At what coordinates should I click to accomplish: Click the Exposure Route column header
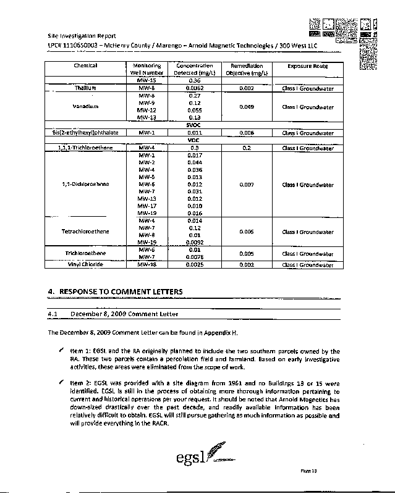tap(307, 66)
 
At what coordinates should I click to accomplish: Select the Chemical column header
tap(86, 65)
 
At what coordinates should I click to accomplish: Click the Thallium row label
tap(86, 88)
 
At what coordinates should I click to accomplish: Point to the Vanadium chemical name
tap(86, 106)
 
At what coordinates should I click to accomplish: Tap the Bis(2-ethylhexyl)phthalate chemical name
tap(86, 132)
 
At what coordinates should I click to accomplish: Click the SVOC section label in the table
tap(195, 125)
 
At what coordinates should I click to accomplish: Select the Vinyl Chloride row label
tap(86, 264)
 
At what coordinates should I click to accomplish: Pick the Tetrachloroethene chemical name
tap(86, 232)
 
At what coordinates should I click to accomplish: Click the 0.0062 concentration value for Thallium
tap(195, 88)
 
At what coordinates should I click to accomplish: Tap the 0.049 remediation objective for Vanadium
tap(247, 106)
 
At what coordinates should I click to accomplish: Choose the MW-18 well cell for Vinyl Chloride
tap(147, 264)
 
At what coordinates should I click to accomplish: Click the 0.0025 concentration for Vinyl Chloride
tap(195, 264)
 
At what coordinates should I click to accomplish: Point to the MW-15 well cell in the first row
tap(147, 81)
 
